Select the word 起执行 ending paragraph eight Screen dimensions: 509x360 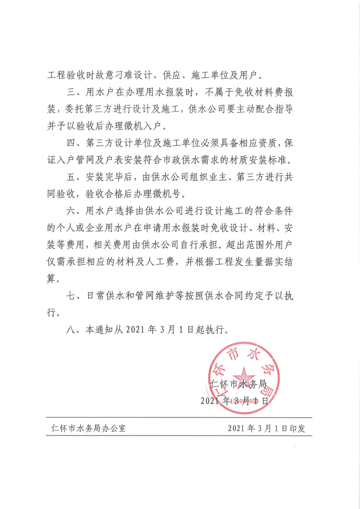pyautogui.click(x=211, y=330)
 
